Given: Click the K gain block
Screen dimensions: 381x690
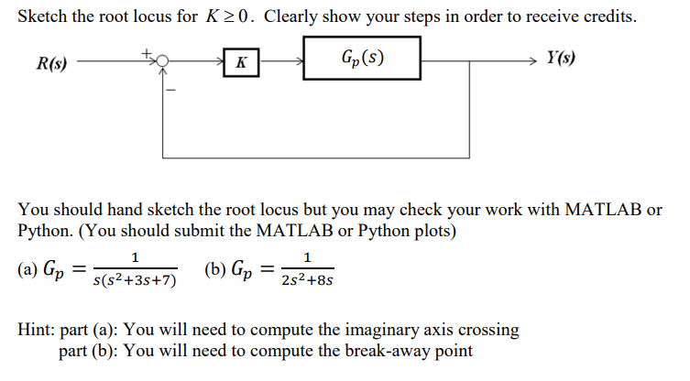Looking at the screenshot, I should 240,62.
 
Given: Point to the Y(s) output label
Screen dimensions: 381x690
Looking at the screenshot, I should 562,60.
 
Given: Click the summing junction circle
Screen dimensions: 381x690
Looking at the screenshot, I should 161,61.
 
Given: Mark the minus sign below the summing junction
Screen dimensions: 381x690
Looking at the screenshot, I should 170,89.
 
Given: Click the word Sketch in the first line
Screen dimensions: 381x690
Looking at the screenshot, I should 43,17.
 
